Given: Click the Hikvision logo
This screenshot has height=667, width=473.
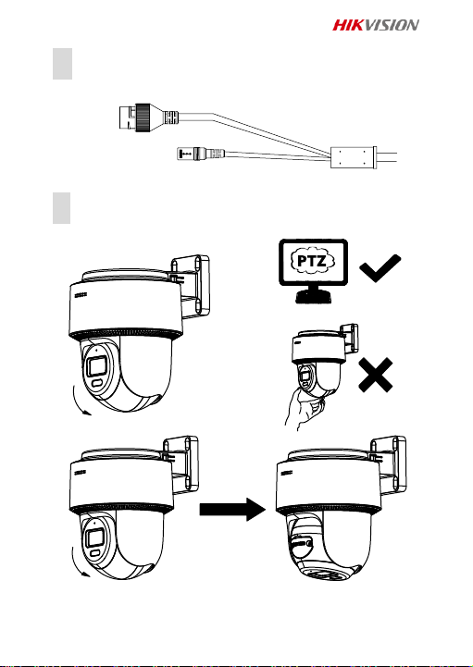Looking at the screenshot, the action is pyautogui.click(x=376, y=25).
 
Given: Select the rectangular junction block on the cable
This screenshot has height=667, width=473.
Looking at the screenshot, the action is pyautogui.click(x=354, y=158).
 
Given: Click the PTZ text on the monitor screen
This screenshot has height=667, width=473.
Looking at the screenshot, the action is pyautogui.click(x=313, y=261).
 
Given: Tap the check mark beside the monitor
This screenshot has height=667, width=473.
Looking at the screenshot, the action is pyautogui.click(x=380, y=268).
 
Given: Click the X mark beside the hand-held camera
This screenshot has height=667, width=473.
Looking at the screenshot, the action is pyautogui.click(x=376, y=375).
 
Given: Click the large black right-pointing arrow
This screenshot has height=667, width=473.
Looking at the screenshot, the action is pyautogui.click(x=233, y=509).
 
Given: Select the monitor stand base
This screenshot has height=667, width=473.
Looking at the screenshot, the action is pyautogui.click(x=314, y=297).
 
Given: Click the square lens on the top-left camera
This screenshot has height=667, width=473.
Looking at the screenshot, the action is pyautogui.click(x=96, y=366).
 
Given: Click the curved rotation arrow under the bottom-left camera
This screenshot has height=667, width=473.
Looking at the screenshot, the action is pyautogui.click(x=77, y=562).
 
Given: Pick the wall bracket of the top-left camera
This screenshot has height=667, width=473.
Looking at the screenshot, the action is pyautogui.click(x=190, y=286).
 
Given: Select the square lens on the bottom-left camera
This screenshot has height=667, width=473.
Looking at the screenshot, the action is pyautogui.click(x=94, y=539).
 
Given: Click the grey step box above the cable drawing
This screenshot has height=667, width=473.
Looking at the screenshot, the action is pyautogui.click(x=63, y=64).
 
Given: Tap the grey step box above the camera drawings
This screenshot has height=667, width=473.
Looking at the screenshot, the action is pyautogui.click(x=62, y=208).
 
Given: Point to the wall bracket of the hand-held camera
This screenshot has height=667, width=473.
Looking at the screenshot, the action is pyautogui.click(x=349, y=340).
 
